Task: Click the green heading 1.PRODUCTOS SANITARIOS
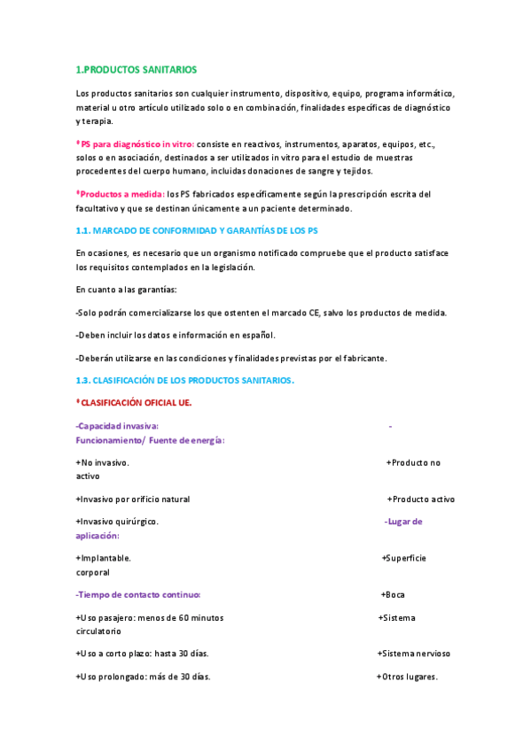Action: (x=137, y=69)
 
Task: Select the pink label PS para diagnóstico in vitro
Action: (x=136, y=143)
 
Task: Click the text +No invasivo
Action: (x=103, y=462)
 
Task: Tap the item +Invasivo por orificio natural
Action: (x=133, y=499)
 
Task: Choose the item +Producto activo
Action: (x=421, y=499)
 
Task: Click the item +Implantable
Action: (x=104, y=558)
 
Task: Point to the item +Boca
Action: (x=393, y=594)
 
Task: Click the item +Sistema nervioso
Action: (x=414, y=654)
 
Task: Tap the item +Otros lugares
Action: (x=408, y=677)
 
